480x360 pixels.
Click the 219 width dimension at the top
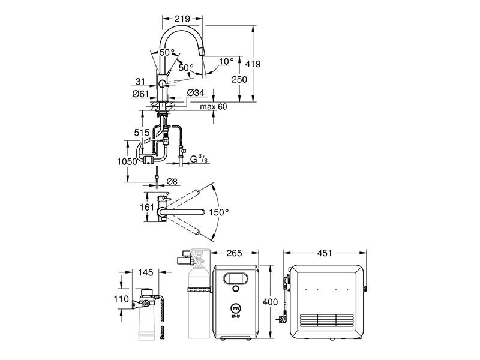(182, 19)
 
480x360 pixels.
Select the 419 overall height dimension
(253, 64)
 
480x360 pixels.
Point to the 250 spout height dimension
(239, 79)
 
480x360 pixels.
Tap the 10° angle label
(226, 62)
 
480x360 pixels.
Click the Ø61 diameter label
(140, 94)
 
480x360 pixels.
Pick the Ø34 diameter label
(195, 92)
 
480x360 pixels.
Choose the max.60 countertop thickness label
(214, 107)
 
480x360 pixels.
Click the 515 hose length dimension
(142, 133)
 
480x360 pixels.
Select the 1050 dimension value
(127, 161)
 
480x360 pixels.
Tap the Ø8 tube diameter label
(172, 182)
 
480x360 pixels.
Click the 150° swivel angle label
(219, 212)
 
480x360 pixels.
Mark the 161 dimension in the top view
(147, 207)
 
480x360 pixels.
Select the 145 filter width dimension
(145, 272)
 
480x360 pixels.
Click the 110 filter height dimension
(121, 298)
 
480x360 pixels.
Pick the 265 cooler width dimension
(234, 253)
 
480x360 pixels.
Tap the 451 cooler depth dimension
(325, 253)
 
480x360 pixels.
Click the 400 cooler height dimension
(270, 302)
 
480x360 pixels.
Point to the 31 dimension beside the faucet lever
(140, 81)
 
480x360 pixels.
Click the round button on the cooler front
(236, 289)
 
